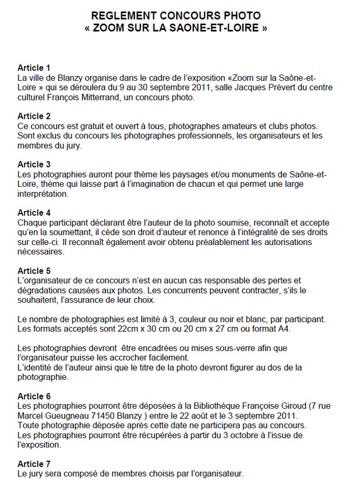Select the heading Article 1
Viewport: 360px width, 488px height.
coord(34,67)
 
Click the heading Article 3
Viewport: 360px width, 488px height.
coord(34,164)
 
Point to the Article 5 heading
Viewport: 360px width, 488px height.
coord(34,270)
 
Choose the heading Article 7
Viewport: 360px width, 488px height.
coord(34,464)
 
